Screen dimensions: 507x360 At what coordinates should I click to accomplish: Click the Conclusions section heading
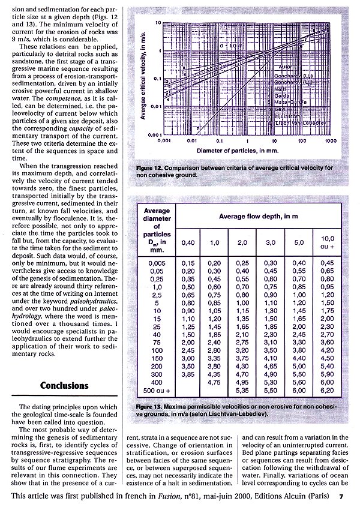tap(67, 386)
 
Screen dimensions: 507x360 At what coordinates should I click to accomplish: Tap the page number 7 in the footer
tap(341, 497)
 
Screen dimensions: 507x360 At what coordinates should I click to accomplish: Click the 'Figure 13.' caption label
tap(151, 407)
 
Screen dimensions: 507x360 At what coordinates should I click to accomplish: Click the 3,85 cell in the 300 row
tap(190, 373)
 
